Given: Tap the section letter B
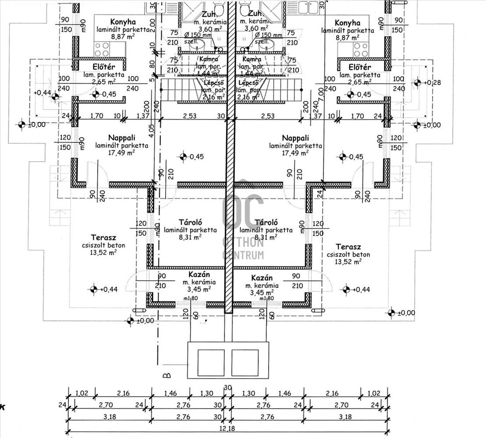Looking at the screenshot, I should (x=166, y=375).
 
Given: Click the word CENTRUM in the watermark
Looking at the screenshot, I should (x=243, y=254).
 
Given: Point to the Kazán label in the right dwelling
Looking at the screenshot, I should (x=262, y=278).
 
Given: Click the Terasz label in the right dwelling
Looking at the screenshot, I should (x=348, y=247).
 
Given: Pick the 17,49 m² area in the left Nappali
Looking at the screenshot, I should (x=121, y=153).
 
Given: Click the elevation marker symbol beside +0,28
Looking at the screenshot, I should (x=417, y=83).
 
